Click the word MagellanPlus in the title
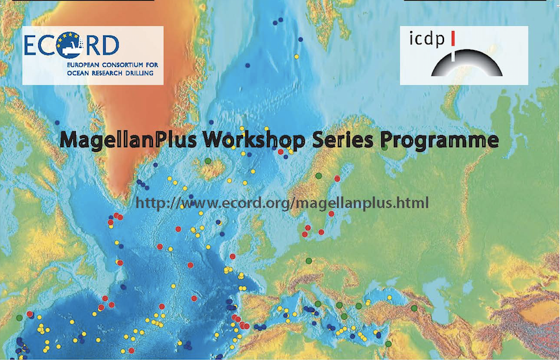[x=128, y=139]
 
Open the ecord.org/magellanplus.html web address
[x=282, y=203]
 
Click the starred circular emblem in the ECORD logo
[x=68, y=45]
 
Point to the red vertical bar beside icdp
[x=453, y=38]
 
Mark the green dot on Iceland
[x=208, y=162]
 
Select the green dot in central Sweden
[x=319, y=176]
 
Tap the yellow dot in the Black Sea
[x=390, y=298]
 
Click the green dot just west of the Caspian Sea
[x=414, y=308]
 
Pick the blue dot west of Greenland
[x=57, y=123]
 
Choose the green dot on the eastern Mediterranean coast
[x=388, y=344]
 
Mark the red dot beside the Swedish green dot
[x=337, y=178]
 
